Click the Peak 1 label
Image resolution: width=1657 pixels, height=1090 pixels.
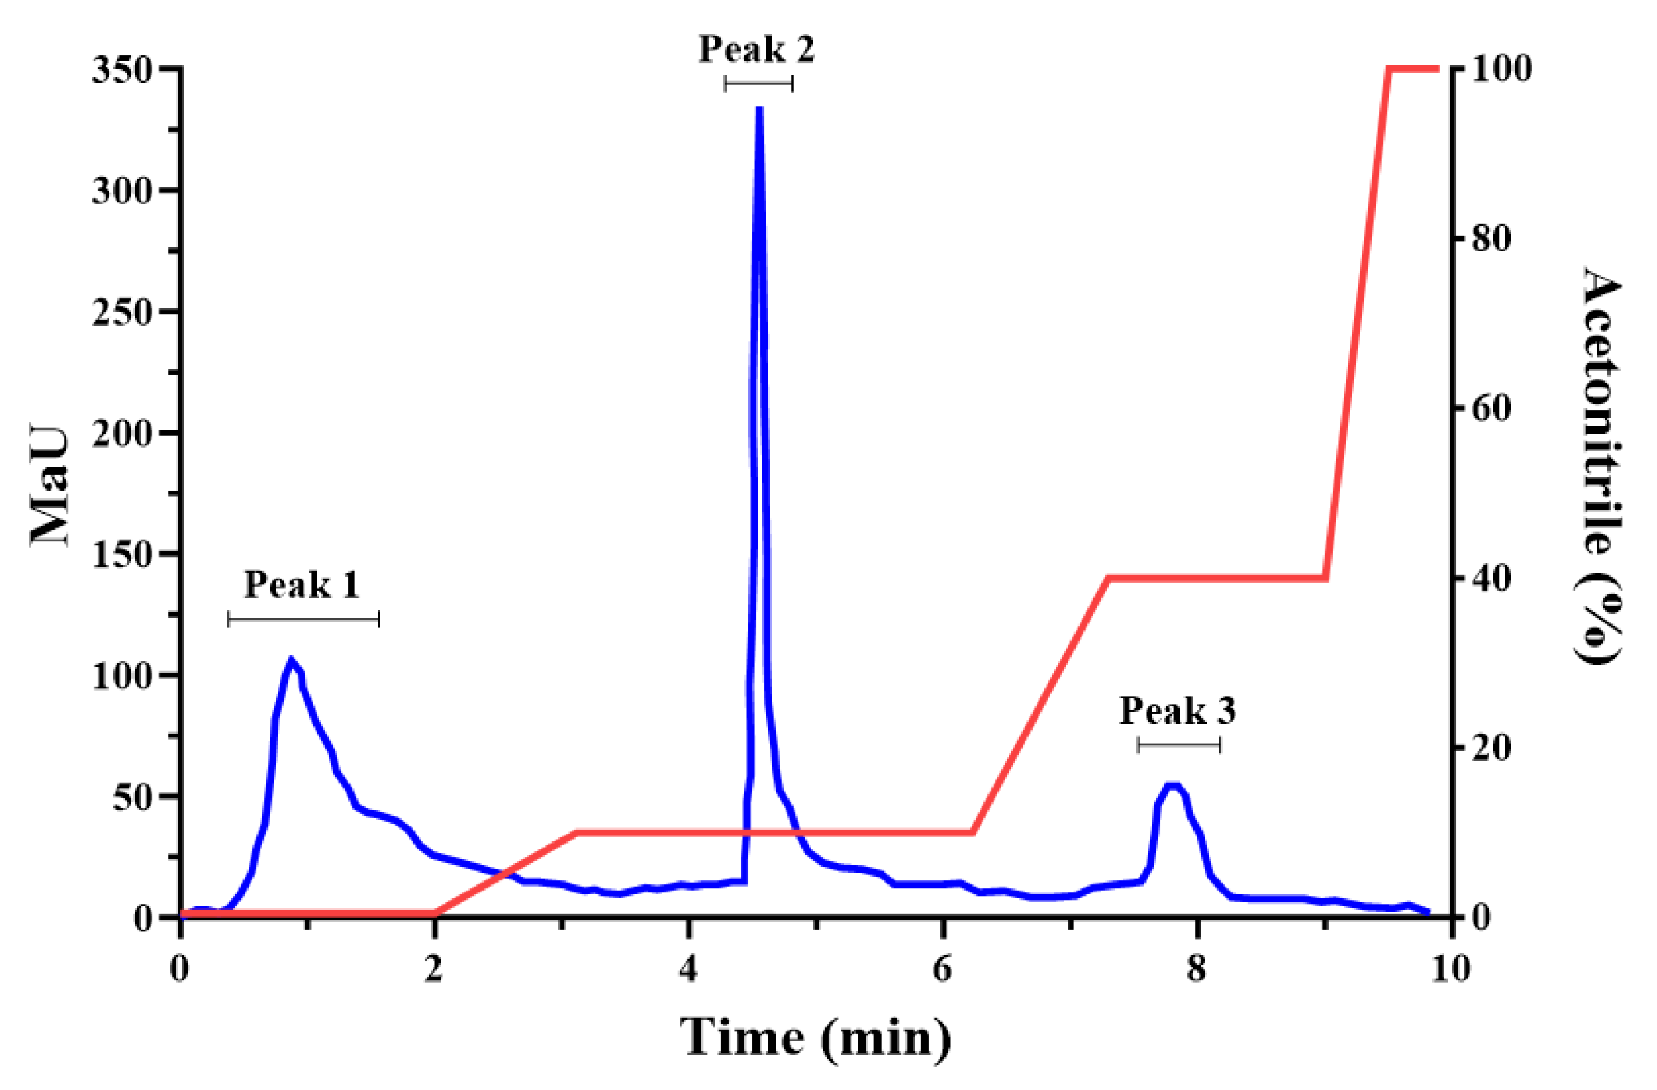302,584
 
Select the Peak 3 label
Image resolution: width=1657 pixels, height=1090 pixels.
1178,711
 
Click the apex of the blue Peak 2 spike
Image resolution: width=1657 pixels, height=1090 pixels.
760,110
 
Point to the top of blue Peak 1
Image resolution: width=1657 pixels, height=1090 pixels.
292,660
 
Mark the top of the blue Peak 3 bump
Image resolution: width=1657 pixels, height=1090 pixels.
1173,786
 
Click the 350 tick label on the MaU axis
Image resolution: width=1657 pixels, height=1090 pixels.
122,70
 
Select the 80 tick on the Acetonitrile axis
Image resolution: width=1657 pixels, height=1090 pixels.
1490,239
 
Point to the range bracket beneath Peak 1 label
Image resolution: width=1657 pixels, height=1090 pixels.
304,619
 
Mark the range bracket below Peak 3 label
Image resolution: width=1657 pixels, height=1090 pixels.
1179,746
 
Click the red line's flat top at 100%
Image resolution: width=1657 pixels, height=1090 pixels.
1414,69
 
